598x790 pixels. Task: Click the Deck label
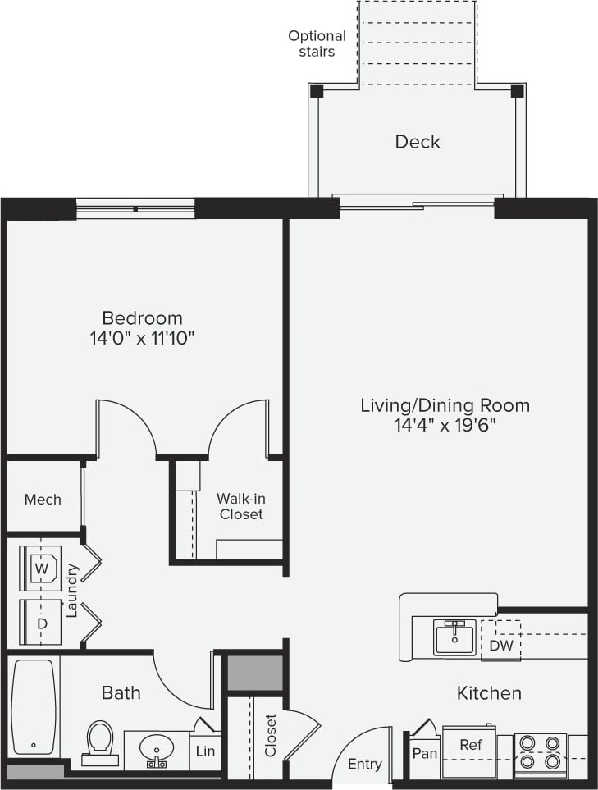[x=418, y=142]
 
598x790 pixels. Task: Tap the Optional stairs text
[x=317, y=43]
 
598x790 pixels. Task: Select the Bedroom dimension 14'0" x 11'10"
[x=142, y=337]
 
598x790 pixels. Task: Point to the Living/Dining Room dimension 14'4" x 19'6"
[x=445, y=425]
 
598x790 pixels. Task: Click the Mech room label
[x=43, y=499]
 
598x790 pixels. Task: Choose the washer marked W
[x=40, y=568]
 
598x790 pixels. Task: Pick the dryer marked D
[x=41, y=623]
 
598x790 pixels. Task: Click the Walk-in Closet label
[x=240, y=506]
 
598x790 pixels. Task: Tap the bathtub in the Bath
[x=34, y=707]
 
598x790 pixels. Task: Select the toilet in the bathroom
[x=99, y=741]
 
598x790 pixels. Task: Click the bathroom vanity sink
[x=156, y=750]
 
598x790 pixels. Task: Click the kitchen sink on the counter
[x=454, y=637]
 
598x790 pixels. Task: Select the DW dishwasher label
[x=501, y=646]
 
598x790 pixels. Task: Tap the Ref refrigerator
[x=470, y=745]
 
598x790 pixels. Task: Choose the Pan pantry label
[x=424, y=752]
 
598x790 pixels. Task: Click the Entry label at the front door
[x=364, y=764]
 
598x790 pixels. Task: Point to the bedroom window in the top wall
[x=135, y=208]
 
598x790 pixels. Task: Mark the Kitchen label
[x=489, y=693]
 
